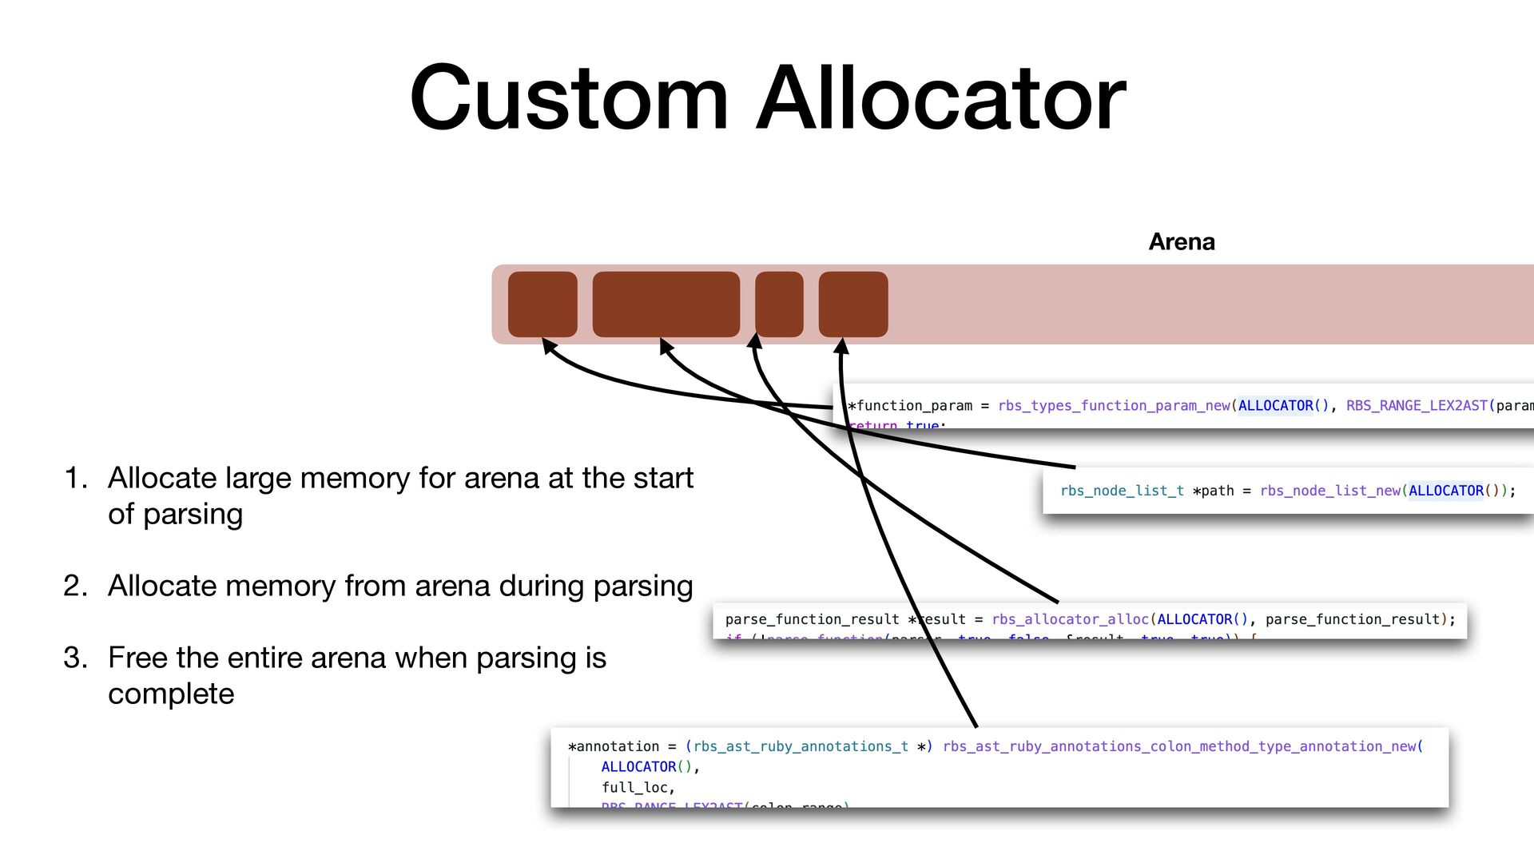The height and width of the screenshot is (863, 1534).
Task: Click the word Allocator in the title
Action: [x=940, y=98]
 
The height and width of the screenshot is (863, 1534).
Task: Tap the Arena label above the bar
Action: [x=1181, y=241]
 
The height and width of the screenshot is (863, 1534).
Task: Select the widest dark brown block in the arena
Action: [x=666, y=304]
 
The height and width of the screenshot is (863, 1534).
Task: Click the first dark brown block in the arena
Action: [x=542, y=304]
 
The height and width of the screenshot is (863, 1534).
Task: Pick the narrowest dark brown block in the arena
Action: [x=779, y=304]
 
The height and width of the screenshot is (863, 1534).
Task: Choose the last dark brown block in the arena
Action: [x=853, y=304]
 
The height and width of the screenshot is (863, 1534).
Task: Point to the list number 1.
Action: [x=75, y=478]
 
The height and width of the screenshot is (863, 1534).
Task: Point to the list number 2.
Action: [x=75, y=586]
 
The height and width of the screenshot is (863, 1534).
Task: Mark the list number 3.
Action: [x=75, y=658]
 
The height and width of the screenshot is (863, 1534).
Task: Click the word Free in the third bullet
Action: [x=137, y=658]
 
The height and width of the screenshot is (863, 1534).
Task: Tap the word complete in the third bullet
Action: [x=171, y=694]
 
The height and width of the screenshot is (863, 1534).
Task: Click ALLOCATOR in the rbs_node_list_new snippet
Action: [x=1445, y=491]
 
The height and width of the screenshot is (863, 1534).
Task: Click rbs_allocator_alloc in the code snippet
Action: [x=1070, y=619]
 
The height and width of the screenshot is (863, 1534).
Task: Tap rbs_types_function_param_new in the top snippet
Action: [x=1114, y=405]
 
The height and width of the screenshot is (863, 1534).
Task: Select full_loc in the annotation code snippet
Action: [x=638, y=787]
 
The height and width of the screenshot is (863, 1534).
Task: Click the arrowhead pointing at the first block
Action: [x=548, y=344]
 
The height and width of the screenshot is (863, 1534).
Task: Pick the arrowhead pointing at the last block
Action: [x=841, y=345]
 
